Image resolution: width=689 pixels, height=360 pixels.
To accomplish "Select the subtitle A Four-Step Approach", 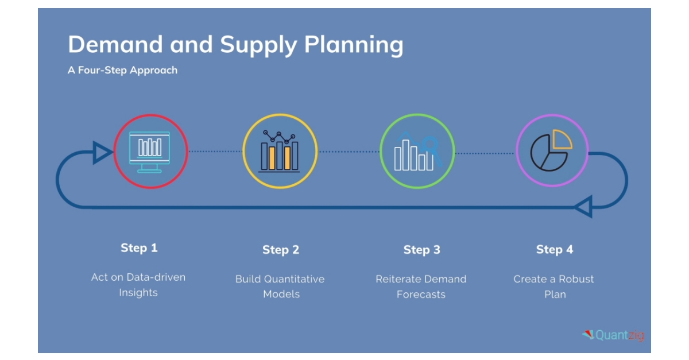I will [x=122, y=70].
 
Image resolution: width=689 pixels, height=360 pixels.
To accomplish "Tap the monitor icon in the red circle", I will [x=150, y=152].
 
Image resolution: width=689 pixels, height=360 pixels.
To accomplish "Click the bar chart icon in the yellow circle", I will [x=279, y=152].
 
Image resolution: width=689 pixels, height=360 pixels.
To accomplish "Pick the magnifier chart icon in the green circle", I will [x=417, y=152].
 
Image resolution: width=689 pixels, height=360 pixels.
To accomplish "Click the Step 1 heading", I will [x=139, y=248].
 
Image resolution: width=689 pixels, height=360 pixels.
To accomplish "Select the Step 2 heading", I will [x=281, y=250].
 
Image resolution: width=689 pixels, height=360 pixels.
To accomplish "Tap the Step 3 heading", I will [x=421, y=250].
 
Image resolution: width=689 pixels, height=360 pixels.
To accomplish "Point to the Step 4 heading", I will [x=555, y=250].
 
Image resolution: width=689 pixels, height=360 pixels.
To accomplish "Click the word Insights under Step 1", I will [x=138, y=293].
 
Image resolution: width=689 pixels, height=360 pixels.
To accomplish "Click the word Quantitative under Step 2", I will [x=294, y=279].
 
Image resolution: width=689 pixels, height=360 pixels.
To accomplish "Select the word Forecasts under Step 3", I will [x=421, y=295].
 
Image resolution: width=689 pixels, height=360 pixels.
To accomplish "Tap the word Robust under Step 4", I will [x=576, y=279].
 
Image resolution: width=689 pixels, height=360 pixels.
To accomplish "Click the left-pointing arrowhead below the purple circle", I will [x=583, y=207].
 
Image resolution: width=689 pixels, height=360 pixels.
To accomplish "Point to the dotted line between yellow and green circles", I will [x=349, y=152].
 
